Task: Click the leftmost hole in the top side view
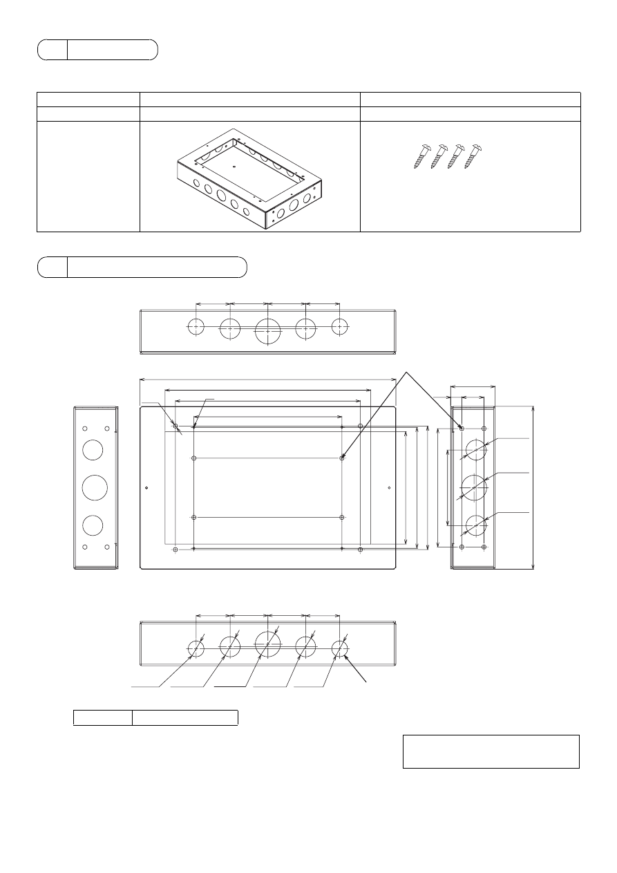coord(196,327)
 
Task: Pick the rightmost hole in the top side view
coord(340,327)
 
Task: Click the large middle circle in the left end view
coord(95,487)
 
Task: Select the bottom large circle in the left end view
coord(93,525)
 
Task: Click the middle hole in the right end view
coord(474,487)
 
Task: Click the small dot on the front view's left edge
coord(147,488)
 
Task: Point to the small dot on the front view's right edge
coord(389,488)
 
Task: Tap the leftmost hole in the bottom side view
coord(196,648)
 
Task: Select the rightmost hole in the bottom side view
coord(340,648)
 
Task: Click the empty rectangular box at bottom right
coord(491,751)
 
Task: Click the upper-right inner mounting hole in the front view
coord(343,458)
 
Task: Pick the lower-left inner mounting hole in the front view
coord(194,518)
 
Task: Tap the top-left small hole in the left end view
coord(84,429)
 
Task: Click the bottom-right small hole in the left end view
coord(107,547)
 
